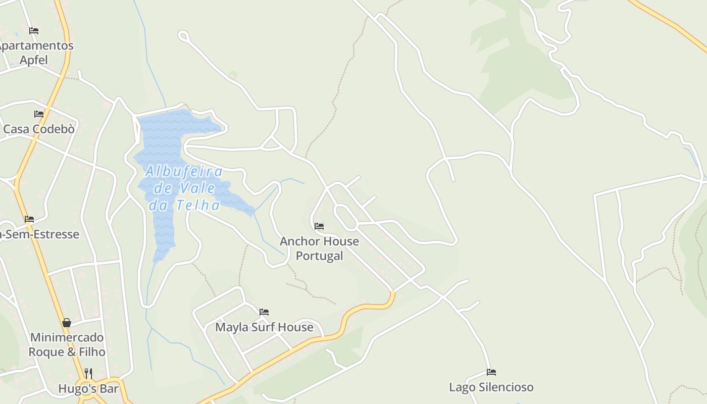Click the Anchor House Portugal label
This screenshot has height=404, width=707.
(x=319, y=248)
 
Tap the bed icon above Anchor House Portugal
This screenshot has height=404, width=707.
(x=319, y=226)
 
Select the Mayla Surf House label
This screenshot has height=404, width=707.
(x=264, y=327)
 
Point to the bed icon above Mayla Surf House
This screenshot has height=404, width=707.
(x=264, y=312)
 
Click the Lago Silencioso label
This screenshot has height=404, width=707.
(x=491, y=387)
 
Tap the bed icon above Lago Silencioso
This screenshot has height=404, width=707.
(x=491, y=372)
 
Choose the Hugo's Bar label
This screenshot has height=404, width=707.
(x=88, y=389)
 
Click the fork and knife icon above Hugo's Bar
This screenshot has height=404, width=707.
(x=88, y=373)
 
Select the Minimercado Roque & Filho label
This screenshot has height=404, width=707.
(x=67, y=344)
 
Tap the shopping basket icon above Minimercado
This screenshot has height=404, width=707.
(x=67, y=323)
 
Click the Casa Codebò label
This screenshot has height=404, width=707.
(x=39, y=129)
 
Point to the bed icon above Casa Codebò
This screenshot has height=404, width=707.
(x=39, y=114)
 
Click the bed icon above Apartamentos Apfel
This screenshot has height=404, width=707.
(x=34, y=31)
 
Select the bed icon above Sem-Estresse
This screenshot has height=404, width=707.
(x=29, y=219)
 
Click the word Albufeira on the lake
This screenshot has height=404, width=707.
(x=184, y=172)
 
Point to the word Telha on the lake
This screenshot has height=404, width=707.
(x=198, y=206)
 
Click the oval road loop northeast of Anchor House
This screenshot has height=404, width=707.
(x=345, y=217)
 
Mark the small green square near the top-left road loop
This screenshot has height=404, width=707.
(x=233, y=75)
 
